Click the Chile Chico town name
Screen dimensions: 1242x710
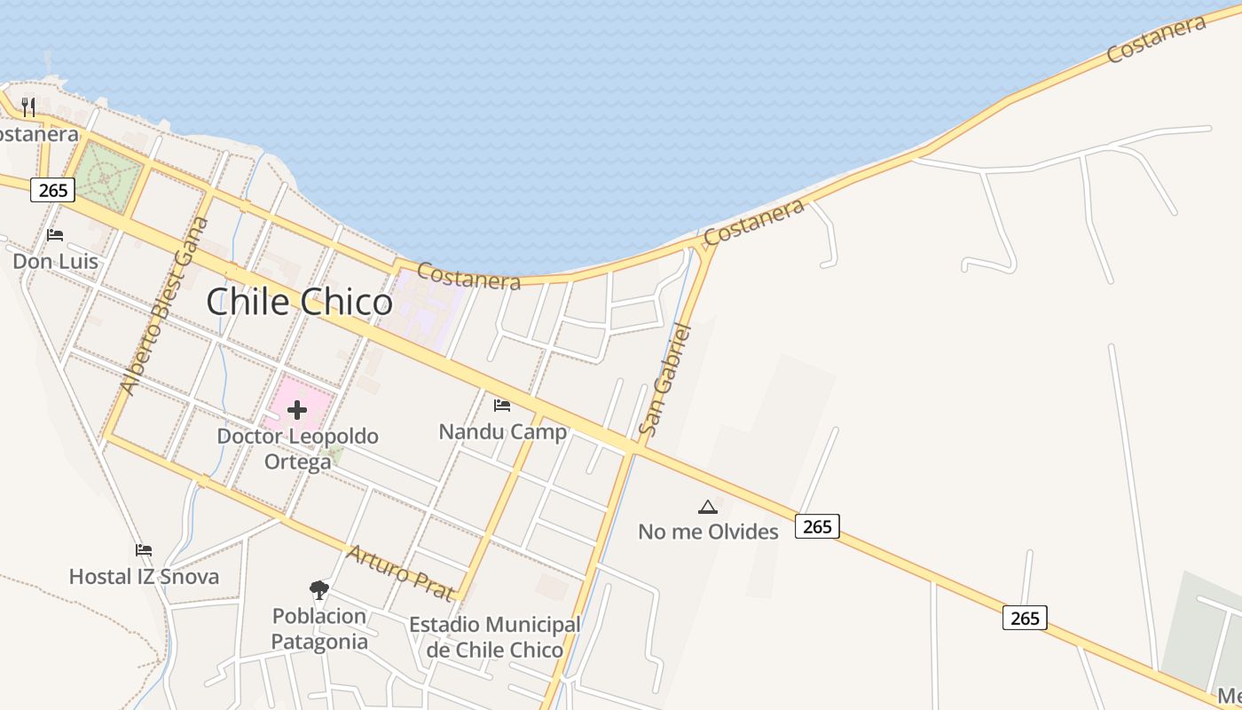[299, 303]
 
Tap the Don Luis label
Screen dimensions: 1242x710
[55, 262]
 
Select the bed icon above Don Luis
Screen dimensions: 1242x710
[55, 235]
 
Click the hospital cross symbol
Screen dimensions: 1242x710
[297, 409]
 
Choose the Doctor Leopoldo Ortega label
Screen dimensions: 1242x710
[298, 449]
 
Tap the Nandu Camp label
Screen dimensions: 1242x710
[502, 432]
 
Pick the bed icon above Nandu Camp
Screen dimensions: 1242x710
[502, 406]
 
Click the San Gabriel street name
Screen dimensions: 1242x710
[664, 379]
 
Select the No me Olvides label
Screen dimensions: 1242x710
[708, 532]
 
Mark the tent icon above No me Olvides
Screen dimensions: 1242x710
[707, 507]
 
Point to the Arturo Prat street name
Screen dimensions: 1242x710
[401, 572]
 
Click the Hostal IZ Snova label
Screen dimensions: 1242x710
[144, 577]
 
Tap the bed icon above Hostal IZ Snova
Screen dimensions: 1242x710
[144, 550]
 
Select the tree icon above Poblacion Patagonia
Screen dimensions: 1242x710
[318, 589]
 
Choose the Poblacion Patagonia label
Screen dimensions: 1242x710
[318, 628]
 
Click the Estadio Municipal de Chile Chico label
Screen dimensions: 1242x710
[494, 637]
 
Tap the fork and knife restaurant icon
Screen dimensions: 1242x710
[28, 107]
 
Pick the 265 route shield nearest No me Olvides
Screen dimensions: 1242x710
[816, 526]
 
